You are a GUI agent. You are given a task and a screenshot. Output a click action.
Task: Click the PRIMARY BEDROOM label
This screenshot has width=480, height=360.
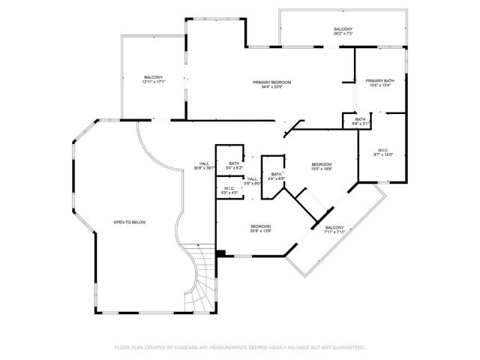pyautogui.click(x=271, y=82)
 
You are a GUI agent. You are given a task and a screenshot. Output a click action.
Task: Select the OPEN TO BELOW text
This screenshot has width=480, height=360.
pyautogui.click(x=128, y=223)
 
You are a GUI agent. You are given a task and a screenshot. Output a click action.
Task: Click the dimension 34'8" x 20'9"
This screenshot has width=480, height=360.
pyautogui.click(x=271, y=87)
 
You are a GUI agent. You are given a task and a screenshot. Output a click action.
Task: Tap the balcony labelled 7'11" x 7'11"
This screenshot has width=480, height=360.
pyautogui.click(x=334, y=229)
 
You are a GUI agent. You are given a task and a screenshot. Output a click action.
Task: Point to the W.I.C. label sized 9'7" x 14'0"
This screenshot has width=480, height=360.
pyautogui.click(x=383, y=152)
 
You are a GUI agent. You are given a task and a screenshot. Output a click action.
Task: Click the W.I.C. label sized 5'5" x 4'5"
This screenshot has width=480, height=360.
pyautogui.click(x=229, y=191)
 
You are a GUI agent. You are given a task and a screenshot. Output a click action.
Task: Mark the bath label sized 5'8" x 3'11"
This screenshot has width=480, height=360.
pyautogui.click(x=361, y=121)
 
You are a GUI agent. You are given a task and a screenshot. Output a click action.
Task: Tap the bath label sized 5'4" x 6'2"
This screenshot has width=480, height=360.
pyautogui.click(x=234, y=166)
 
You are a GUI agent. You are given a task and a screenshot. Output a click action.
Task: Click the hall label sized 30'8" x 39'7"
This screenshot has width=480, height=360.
pyautogui.click(x=204, y=166)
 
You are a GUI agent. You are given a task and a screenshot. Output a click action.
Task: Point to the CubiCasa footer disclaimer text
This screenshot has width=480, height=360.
pyautogui.click(x=240, y=347)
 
